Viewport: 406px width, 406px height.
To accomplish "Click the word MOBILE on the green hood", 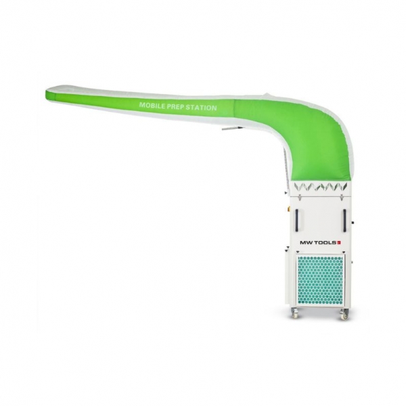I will (153, 106).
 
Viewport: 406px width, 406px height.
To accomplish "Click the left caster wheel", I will (295, 313).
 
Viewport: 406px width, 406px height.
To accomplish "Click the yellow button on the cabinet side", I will (290, 210).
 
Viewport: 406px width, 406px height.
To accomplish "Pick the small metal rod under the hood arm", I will (230, 126).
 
